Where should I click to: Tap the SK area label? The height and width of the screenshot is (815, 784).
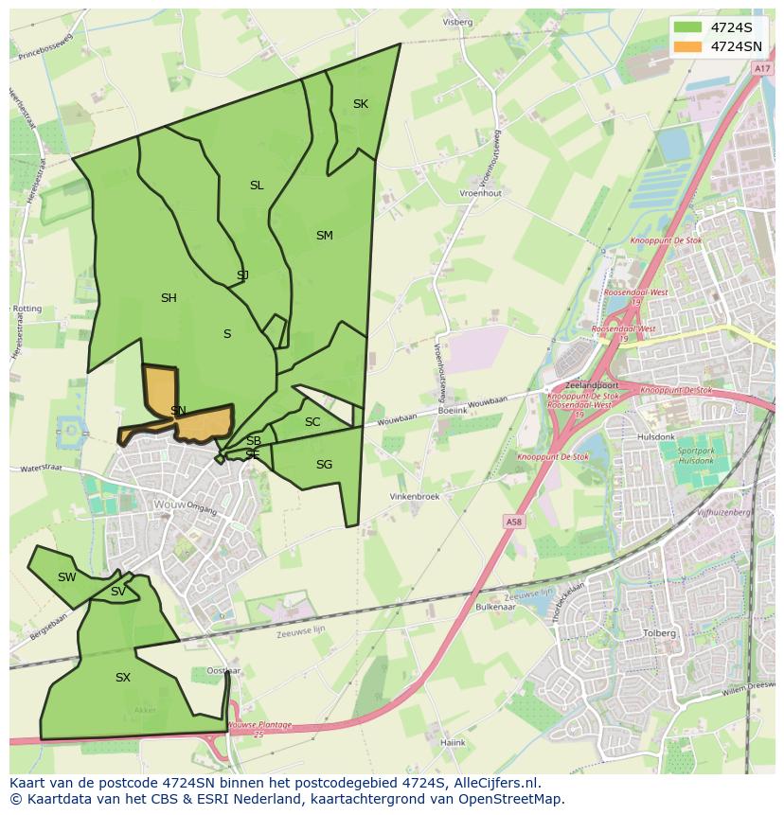(360, 104)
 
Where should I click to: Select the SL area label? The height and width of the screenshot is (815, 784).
(257, 186)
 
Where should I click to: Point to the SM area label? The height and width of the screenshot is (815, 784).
(324, 236)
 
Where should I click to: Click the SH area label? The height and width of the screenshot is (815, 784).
(169, 298)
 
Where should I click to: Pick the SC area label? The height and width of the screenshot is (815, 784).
(312, 422)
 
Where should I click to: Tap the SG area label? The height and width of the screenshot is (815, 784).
(324, 465)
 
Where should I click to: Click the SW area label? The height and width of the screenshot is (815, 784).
(66, 577)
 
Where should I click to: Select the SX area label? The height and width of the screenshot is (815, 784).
(123, 678)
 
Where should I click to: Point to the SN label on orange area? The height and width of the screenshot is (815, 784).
(178, 410)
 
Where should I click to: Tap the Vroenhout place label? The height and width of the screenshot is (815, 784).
(480, 193)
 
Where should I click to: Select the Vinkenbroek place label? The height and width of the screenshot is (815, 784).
(415, 496)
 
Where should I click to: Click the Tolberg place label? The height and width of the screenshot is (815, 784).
(659, 633)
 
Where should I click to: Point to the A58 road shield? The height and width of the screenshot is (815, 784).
(512, 522)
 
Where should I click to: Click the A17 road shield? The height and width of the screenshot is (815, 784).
(762, 69)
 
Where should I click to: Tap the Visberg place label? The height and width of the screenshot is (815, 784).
(457, 22)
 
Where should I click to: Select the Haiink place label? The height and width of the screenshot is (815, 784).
(453, 743)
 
